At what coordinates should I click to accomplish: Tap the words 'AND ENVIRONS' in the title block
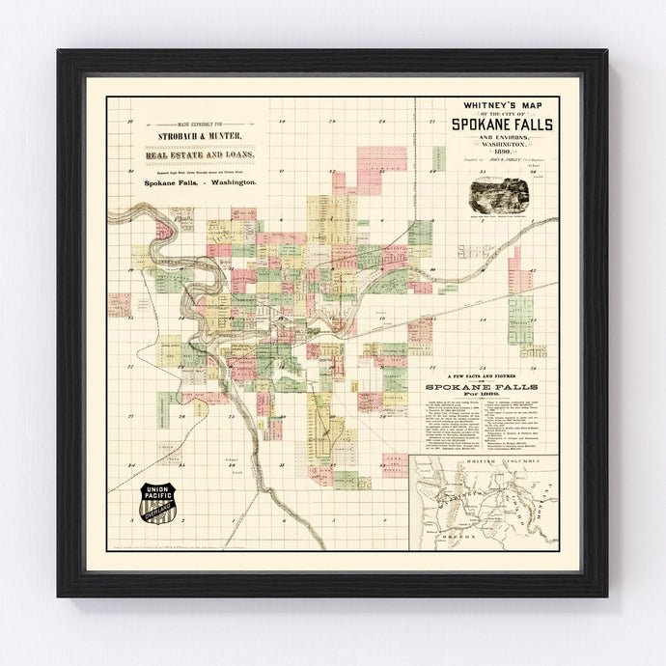tap(492, 137)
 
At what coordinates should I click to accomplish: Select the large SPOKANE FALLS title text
tap(492, 123)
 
